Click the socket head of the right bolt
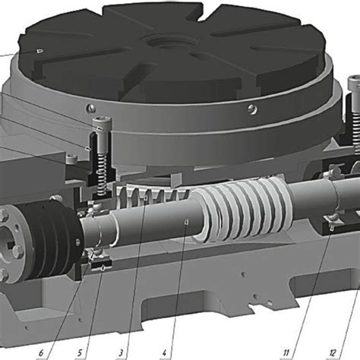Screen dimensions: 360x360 click(353, 83)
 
